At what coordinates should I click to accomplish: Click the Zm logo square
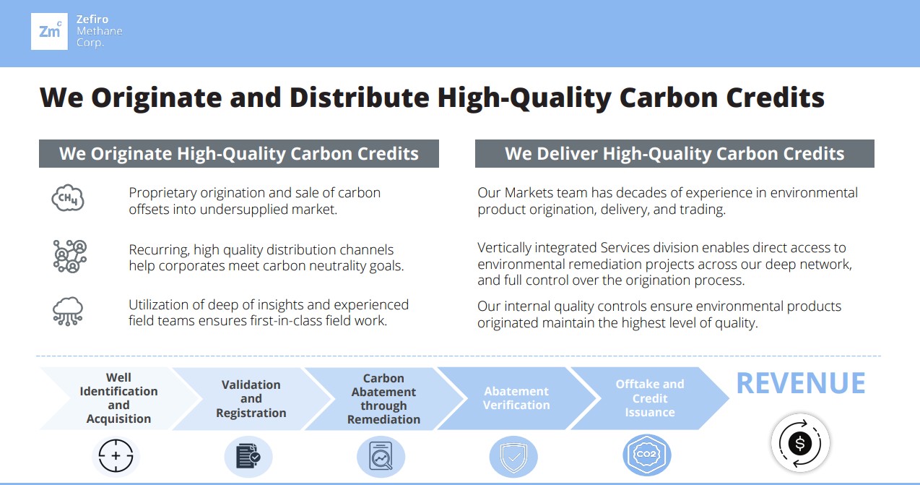coord(49,31)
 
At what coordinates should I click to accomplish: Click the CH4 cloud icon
coord(68,198)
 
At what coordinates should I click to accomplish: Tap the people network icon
coord(70,257)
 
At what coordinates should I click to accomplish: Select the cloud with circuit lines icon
coord(68,312)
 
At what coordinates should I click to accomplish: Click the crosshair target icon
coord(116,456)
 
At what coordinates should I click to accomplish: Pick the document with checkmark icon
coord(248,456)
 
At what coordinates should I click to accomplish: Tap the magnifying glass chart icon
coord(381,456)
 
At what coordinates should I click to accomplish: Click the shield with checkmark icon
coord(513,457)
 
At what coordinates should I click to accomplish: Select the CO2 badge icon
coord(646,455)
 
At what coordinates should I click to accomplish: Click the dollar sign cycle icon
coord(800,444)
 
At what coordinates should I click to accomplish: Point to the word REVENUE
coord(801,384)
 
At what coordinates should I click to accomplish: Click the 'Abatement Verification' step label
coord(516,398)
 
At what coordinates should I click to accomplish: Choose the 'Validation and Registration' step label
coord(251,399)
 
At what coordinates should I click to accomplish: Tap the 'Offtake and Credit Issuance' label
coord(650,398)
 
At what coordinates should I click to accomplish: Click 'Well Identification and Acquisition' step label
coord(118,398)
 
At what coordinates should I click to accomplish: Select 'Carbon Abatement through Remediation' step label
coord(383,399)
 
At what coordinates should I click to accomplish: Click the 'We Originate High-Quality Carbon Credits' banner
coord(239,154)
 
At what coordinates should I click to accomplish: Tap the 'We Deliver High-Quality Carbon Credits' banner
coord(674,154)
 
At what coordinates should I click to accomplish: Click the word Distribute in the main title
coord(360,98)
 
